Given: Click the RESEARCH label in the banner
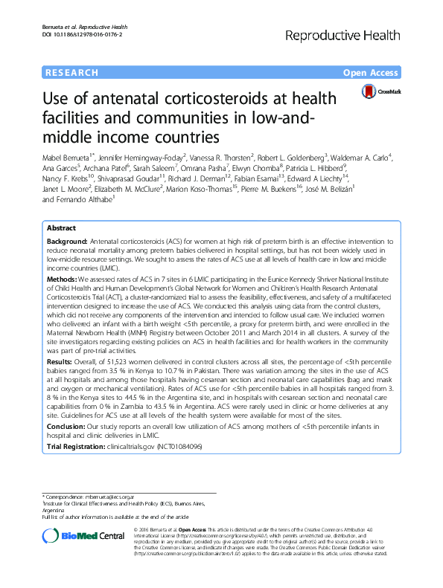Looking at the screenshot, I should pos(71,72).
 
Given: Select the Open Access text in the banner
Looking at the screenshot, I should pos(372,72).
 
